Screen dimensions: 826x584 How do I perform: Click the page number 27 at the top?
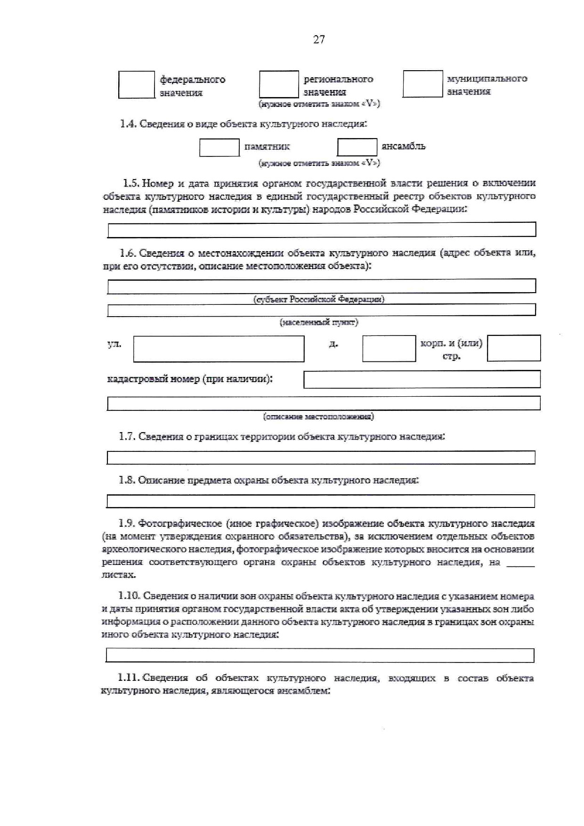coord(319,40)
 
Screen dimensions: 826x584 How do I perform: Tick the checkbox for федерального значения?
coord(137,85)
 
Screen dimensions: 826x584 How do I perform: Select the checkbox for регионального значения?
coord(279,84)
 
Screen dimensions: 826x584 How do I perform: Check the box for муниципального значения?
coord(422,84)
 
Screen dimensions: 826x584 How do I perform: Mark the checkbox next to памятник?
coord(219,147)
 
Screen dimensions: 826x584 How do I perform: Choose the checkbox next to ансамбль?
coord(357,147)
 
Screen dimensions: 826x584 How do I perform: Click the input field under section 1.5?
coord(322,229)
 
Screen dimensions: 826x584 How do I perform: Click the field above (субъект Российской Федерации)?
coord(322,286)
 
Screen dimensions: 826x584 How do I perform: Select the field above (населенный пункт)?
coord(322,310)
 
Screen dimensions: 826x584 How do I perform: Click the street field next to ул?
coord(219,349)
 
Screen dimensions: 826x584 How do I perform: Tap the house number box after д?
coord(389,349)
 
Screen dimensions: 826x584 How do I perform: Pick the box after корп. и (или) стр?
coord(514,348)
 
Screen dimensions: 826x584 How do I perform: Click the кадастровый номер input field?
coord(422,379)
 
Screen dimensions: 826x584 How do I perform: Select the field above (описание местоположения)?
coord(324,403)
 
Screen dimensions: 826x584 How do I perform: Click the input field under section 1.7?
coord(321,458)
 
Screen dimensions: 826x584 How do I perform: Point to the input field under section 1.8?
coord(321,501)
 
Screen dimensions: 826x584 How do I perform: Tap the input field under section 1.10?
coord(320,655)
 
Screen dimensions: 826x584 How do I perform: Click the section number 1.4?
coord(128,124)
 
